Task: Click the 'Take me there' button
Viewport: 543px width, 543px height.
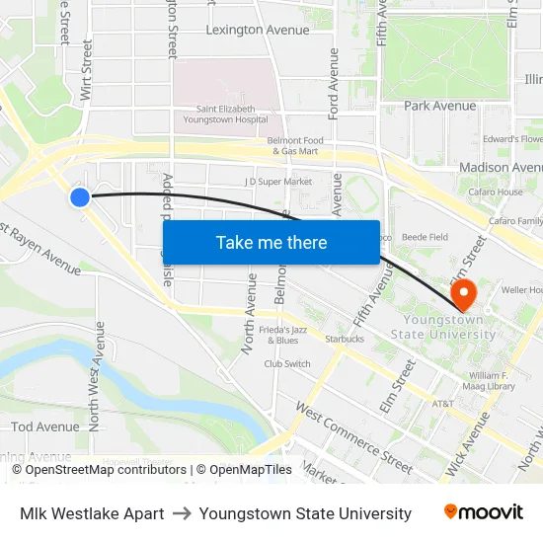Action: pyautogui.click(x=271, y=242)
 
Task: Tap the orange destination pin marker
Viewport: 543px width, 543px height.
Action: pyautogui.click(x=462, y=293)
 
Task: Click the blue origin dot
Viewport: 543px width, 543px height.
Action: pyautogui.click(x=80, y=197)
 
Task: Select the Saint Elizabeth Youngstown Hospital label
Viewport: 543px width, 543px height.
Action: pyautogui.click(x=225, y=114)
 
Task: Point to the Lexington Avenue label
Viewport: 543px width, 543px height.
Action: pyautogui.click(x=257, y=30)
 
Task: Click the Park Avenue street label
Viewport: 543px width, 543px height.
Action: pyautogui.click(x=439, y=106)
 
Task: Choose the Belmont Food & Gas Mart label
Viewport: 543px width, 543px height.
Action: pyautogui.click(x=295, y=146)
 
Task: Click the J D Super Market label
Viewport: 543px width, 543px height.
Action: pyautogui.click(x=278, y=182)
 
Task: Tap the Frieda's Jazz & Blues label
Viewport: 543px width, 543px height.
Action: pyautogui.click(x=283, y=335)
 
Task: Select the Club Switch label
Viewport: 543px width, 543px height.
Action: pyautogui.click(x=287, y=363)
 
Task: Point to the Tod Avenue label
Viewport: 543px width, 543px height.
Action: pyautogui.click(x=45, y=427)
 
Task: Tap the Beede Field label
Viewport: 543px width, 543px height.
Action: pyautogui.click(x=425, y=237)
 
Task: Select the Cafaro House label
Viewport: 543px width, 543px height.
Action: pyautogui.click(x=496, y=192)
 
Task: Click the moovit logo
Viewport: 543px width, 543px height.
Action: pyautogui.click(x=483, y=512)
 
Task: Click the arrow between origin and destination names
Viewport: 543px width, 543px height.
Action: pyautogui.click(x=182, y=513)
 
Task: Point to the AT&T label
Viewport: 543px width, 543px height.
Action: pyautogui.click(x=444, y=404)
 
